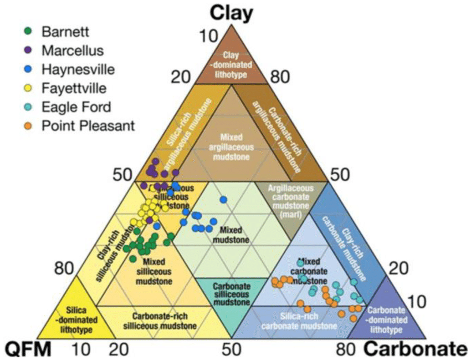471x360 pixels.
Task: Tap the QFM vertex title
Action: [x=28, y=349]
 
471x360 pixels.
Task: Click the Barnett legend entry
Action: [x=66, y=31]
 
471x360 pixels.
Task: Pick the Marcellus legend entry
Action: [x=72, y=50]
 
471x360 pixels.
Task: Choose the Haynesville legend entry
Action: [x=78, y=69]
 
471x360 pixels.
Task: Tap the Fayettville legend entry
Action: [x=74, y=88]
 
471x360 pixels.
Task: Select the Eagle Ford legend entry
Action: [x=76, y=107]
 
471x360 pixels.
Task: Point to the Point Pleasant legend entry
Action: [x=88, y=126]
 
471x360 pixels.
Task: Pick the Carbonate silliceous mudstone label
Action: [x=232, y=294]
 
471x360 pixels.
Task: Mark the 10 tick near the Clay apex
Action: [x=209, y=37]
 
